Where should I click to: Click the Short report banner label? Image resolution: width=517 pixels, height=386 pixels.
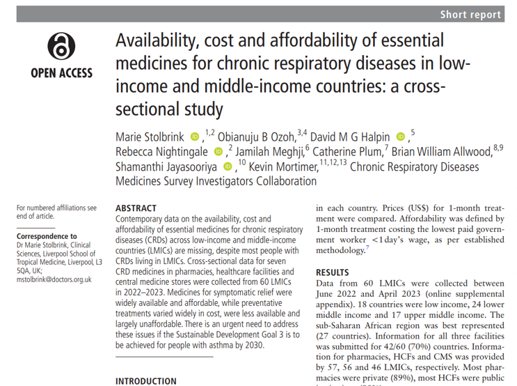(x=470, y=15)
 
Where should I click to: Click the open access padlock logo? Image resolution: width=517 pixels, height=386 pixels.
(x=61, y=47)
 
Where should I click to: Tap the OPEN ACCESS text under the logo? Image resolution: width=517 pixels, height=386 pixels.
(x=61, y=72)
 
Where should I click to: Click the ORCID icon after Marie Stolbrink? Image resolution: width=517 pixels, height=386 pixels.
(x=194, y=135)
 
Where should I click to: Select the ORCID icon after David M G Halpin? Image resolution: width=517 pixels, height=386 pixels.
(x=399, y=135)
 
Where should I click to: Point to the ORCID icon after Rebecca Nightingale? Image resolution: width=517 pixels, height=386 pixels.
(x=218, y=151)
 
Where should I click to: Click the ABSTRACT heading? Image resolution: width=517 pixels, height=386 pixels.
(x=136, y=208)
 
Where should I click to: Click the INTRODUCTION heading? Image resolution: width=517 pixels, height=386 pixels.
(x=145, y=381)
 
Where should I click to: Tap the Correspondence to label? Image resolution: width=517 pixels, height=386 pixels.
(x=48, y=236)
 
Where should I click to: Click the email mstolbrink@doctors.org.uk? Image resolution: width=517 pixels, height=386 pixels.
(x=54, y=279)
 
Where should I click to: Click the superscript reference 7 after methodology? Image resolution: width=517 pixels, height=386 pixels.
(x=368, y=247)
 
